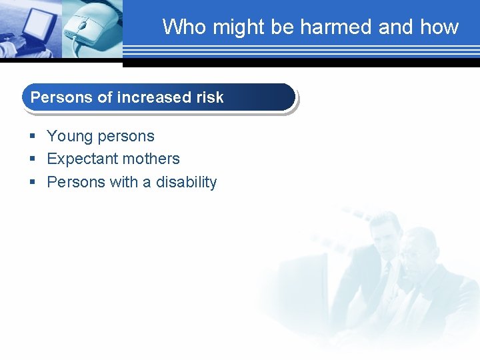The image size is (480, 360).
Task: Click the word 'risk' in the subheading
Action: (x=210, y=97)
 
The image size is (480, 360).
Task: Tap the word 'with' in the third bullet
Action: (x=123, y=183)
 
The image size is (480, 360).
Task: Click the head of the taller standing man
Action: (x=383, y=233)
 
